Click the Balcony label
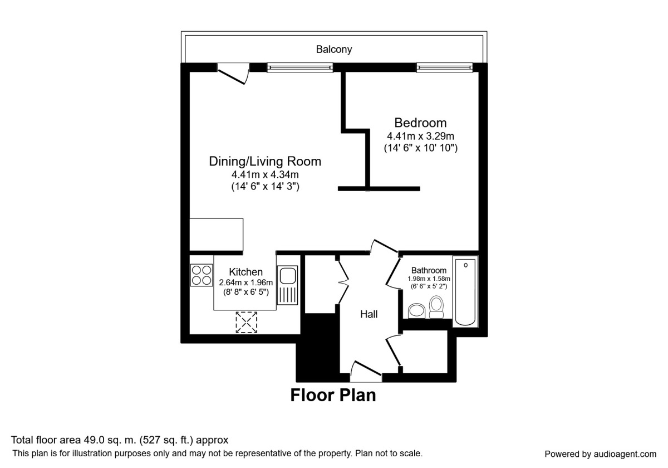[x=334, y=50]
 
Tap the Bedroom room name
[x=420, y=123]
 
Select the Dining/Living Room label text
[x=265, y=162]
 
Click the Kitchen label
[x=245, y=272]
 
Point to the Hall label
[x=369, y=314]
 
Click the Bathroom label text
[x=429, y=270]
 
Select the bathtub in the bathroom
[x=465, y=291]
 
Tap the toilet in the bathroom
[x=436, y=307]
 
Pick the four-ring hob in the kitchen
[x=202, y=275]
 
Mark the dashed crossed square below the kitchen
[x=247, y=322]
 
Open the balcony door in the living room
[x=233, y=74]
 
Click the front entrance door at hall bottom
[x=366, y=372]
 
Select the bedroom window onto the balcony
[x=445, y=67]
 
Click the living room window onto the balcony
[x=300, y=67]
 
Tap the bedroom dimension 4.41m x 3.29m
[x=420, y=136]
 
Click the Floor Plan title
[x=333, y=396]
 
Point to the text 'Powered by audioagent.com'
[x=600, y=454]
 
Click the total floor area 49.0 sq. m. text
[x=120, y=440]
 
